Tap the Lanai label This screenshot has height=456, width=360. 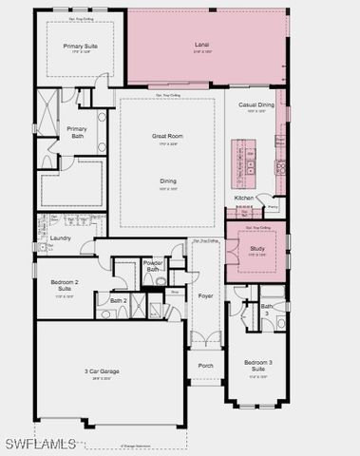tap(202, 45)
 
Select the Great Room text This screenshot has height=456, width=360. tap(167, 136)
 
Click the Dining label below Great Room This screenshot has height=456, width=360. tap(167, 180)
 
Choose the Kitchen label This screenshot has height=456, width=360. tap(244, 198)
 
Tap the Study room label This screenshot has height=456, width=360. tap(256, 249)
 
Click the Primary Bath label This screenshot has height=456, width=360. tap(77, 132)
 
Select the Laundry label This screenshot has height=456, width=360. tap(61, 237)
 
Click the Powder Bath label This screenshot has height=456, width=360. tap(154, 266)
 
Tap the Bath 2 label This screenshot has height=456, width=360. tap(118, 300)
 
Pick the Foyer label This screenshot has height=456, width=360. tap(205, 295)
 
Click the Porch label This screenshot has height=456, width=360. tap(205, 366)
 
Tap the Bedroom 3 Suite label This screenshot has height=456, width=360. tap(257, 366)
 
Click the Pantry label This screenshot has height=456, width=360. tap(272, 204)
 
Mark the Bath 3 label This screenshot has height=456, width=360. tap(268, 310)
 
